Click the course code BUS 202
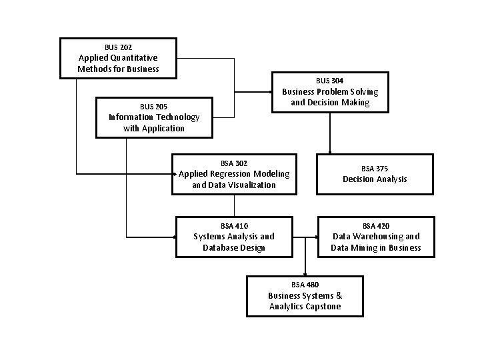(x=118, y=47)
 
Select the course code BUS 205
(x=153, y=107)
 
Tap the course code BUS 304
(x=330, y=81)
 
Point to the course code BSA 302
(x=233, y=163)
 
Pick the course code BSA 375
(x=375, y=169)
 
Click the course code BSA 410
(x=234, y=226)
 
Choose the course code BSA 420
(x=376, y=226)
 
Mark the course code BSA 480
(x=305, y=285)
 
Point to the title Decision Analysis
(x=375, y=179)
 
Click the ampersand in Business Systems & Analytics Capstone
(x=339, y=295)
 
